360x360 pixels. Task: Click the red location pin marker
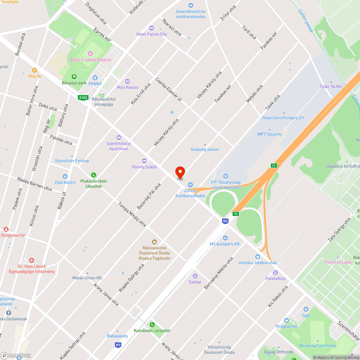coord(180,172)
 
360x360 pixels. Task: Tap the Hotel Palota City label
coord(152,34)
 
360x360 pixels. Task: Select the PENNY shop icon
coord(95,77)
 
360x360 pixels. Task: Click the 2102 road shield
coord(83,97)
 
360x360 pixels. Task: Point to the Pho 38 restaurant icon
coord(35,70)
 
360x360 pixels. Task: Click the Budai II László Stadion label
coord(90,60)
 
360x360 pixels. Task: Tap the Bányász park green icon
coord(74,77)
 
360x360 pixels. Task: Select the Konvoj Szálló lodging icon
coord(144,161)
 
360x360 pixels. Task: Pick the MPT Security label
coord(270,134)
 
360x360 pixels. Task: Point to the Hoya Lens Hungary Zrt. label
coord(284,118)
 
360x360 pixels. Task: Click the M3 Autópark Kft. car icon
coord(225,238)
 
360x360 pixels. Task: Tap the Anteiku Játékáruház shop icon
coord(258,257)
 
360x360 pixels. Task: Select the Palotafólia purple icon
coord(275,273)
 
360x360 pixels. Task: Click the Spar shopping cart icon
coord(306,309)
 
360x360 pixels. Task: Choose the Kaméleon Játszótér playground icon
coord(152,325)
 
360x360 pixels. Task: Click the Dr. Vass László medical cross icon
coord(32,260)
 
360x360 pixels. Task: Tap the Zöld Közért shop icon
coord(65,176)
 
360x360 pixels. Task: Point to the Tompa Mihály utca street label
coord(132,214)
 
